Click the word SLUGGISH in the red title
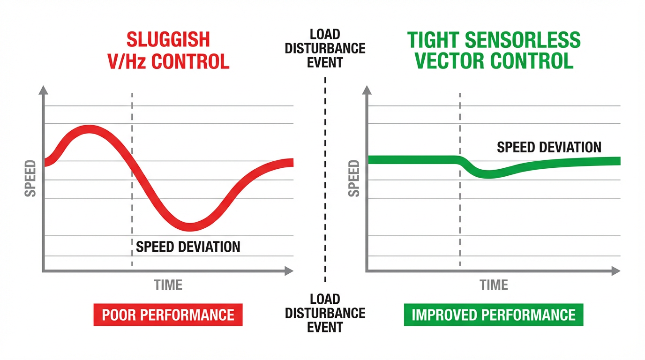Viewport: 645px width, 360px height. [x=169, y=39]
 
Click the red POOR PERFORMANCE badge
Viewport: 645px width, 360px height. [x=168, y=315]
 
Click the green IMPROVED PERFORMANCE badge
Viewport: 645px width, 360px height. [x=493, y=315]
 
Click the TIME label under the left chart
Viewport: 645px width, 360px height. [x=168, y=285]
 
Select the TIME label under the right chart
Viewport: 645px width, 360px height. [x=494, y=285]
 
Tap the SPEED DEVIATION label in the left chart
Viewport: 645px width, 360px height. [x=188, y=247]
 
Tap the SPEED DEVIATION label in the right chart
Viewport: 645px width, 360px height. [x=549, y=147]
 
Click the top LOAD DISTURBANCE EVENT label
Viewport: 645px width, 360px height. [x=324, y=48]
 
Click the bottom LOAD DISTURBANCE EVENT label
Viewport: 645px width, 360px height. [x=324, y=313]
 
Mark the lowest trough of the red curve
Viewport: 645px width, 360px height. [x=189, y=227]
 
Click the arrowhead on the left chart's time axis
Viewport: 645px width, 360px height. [x=289, y=270]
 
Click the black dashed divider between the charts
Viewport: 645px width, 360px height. [x=325, y=178]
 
